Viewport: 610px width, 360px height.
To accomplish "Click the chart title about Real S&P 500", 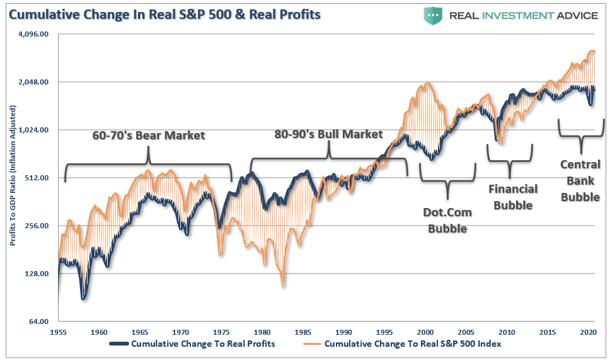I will [163, 14].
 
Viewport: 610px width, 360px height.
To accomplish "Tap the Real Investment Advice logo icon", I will [433, 16].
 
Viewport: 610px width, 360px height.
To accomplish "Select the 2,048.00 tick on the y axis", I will [35, 82].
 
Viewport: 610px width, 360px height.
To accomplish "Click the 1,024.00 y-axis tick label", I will [35, 130].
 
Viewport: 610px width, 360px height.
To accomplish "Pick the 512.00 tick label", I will [38, 178].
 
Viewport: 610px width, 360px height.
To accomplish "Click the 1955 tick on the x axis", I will [58, 331].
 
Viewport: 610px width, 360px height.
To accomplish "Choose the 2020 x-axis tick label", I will [588, 331].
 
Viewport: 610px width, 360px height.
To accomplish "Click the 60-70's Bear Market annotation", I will [149, 135].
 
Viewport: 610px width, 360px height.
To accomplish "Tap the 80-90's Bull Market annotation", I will [328, 134].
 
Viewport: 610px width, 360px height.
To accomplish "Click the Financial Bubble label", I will [513, 197].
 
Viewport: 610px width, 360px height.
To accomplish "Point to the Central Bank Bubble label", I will [580, 180].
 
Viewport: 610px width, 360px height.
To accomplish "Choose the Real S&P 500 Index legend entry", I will [412, 344].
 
